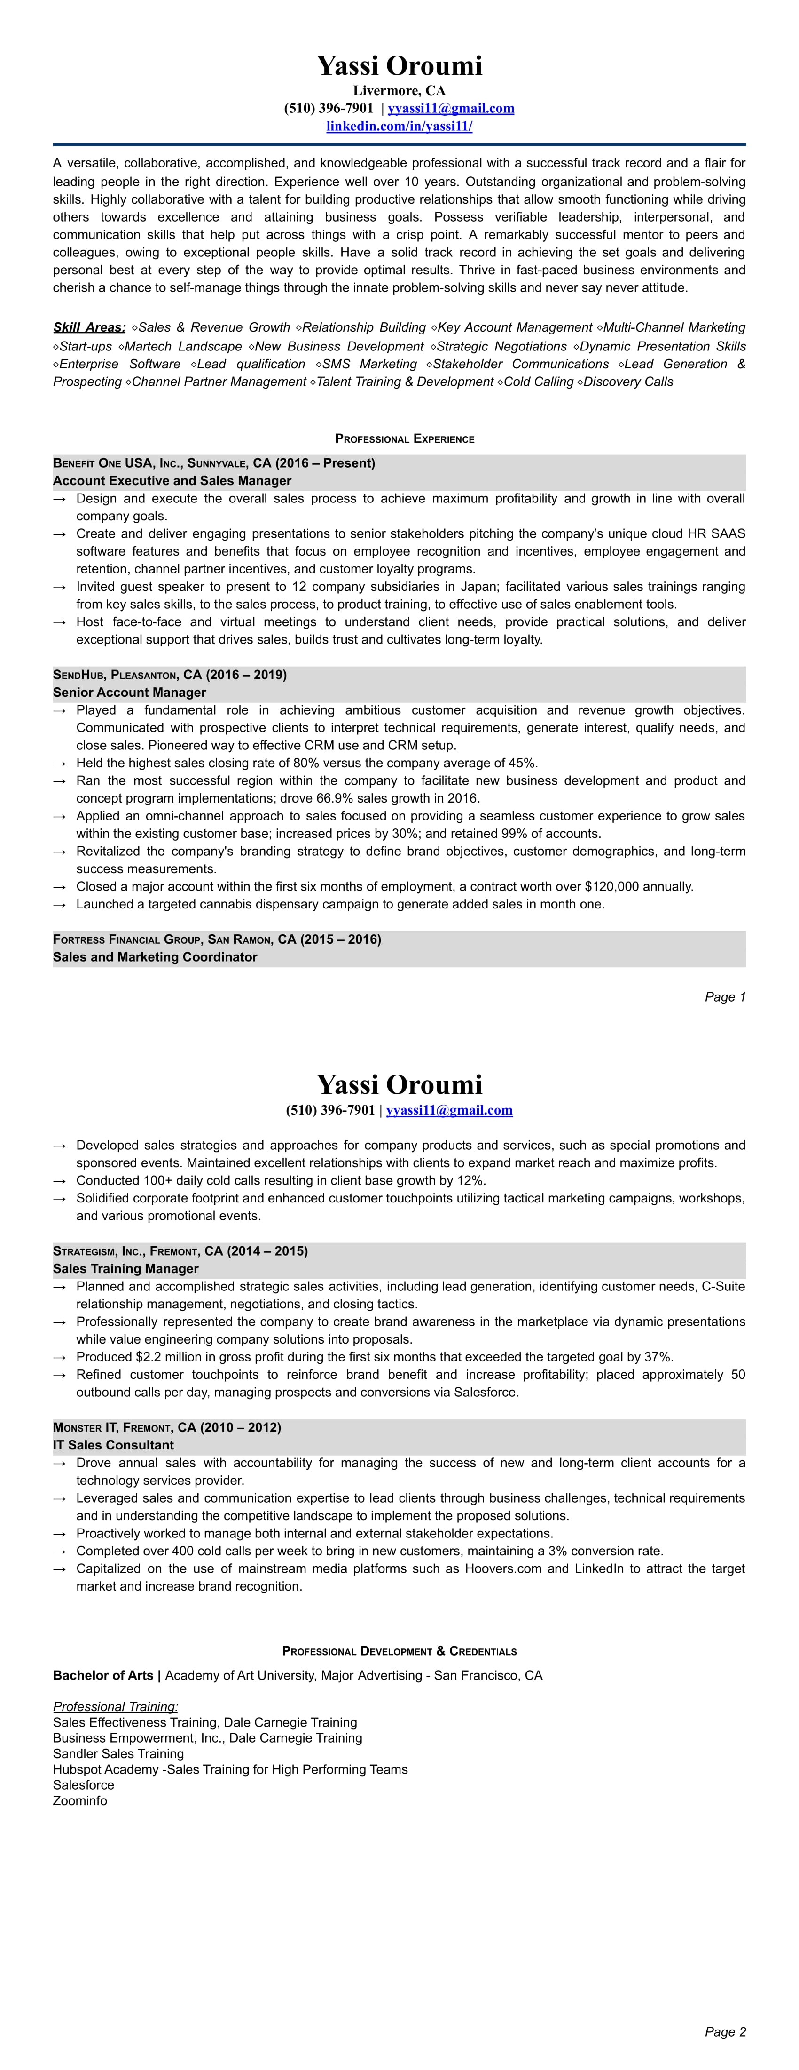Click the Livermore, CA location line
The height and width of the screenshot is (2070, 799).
point(399,91)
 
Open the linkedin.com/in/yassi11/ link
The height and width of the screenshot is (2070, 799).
point(399,126)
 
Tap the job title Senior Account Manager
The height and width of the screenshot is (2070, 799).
point(129,693)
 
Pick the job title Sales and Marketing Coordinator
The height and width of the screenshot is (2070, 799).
point(155,957)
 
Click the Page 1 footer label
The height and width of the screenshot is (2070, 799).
point(725,997)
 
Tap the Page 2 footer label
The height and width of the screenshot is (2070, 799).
point(725,2032)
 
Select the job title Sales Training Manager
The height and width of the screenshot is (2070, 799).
point(125,1269)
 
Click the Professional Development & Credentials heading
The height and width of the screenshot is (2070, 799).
point(399,1651)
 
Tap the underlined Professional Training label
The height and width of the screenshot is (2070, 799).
point(116,1707)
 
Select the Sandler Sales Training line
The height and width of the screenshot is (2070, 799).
point(118,1753)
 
